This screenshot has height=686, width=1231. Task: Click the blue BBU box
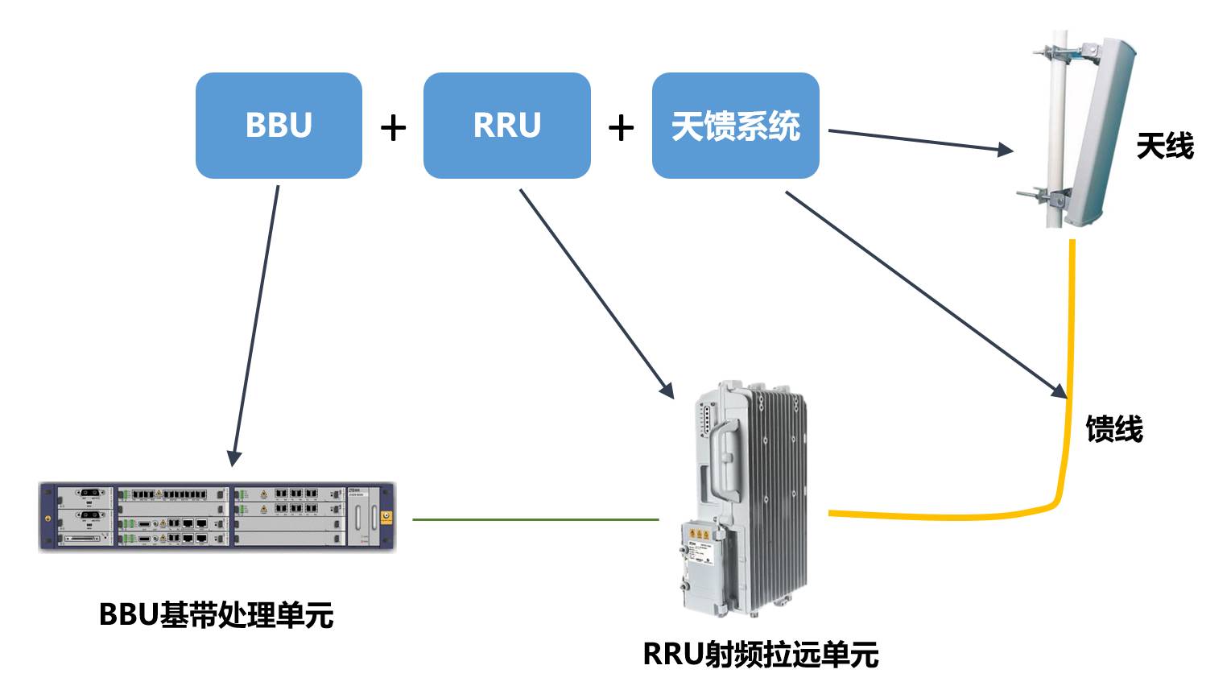(279, 126)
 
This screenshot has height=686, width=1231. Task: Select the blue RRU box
(506, 126)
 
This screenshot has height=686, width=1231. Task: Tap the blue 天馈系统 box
(735, 126)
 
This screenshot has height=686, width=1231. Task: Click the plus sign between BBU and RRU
(393, 127)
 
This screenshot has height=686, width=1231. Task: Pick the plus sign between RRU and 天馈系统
(621, 127)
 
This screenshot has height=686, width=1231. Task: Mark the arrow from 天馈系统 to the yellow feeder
(926, 295)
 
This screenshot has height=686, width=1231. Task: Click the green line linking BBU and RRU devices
(535, 519)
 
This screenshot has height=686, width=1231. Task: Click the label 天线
(1164, 147)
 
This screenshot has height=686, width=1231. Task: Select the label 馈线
(1114, 428)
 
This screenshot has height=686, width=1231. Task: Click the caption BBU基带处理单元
(216, 615)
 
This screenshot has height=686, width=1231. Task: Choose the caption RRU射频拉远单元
(760, 654)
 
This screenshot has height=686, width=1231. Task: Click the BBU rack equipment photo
(217, 517)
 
